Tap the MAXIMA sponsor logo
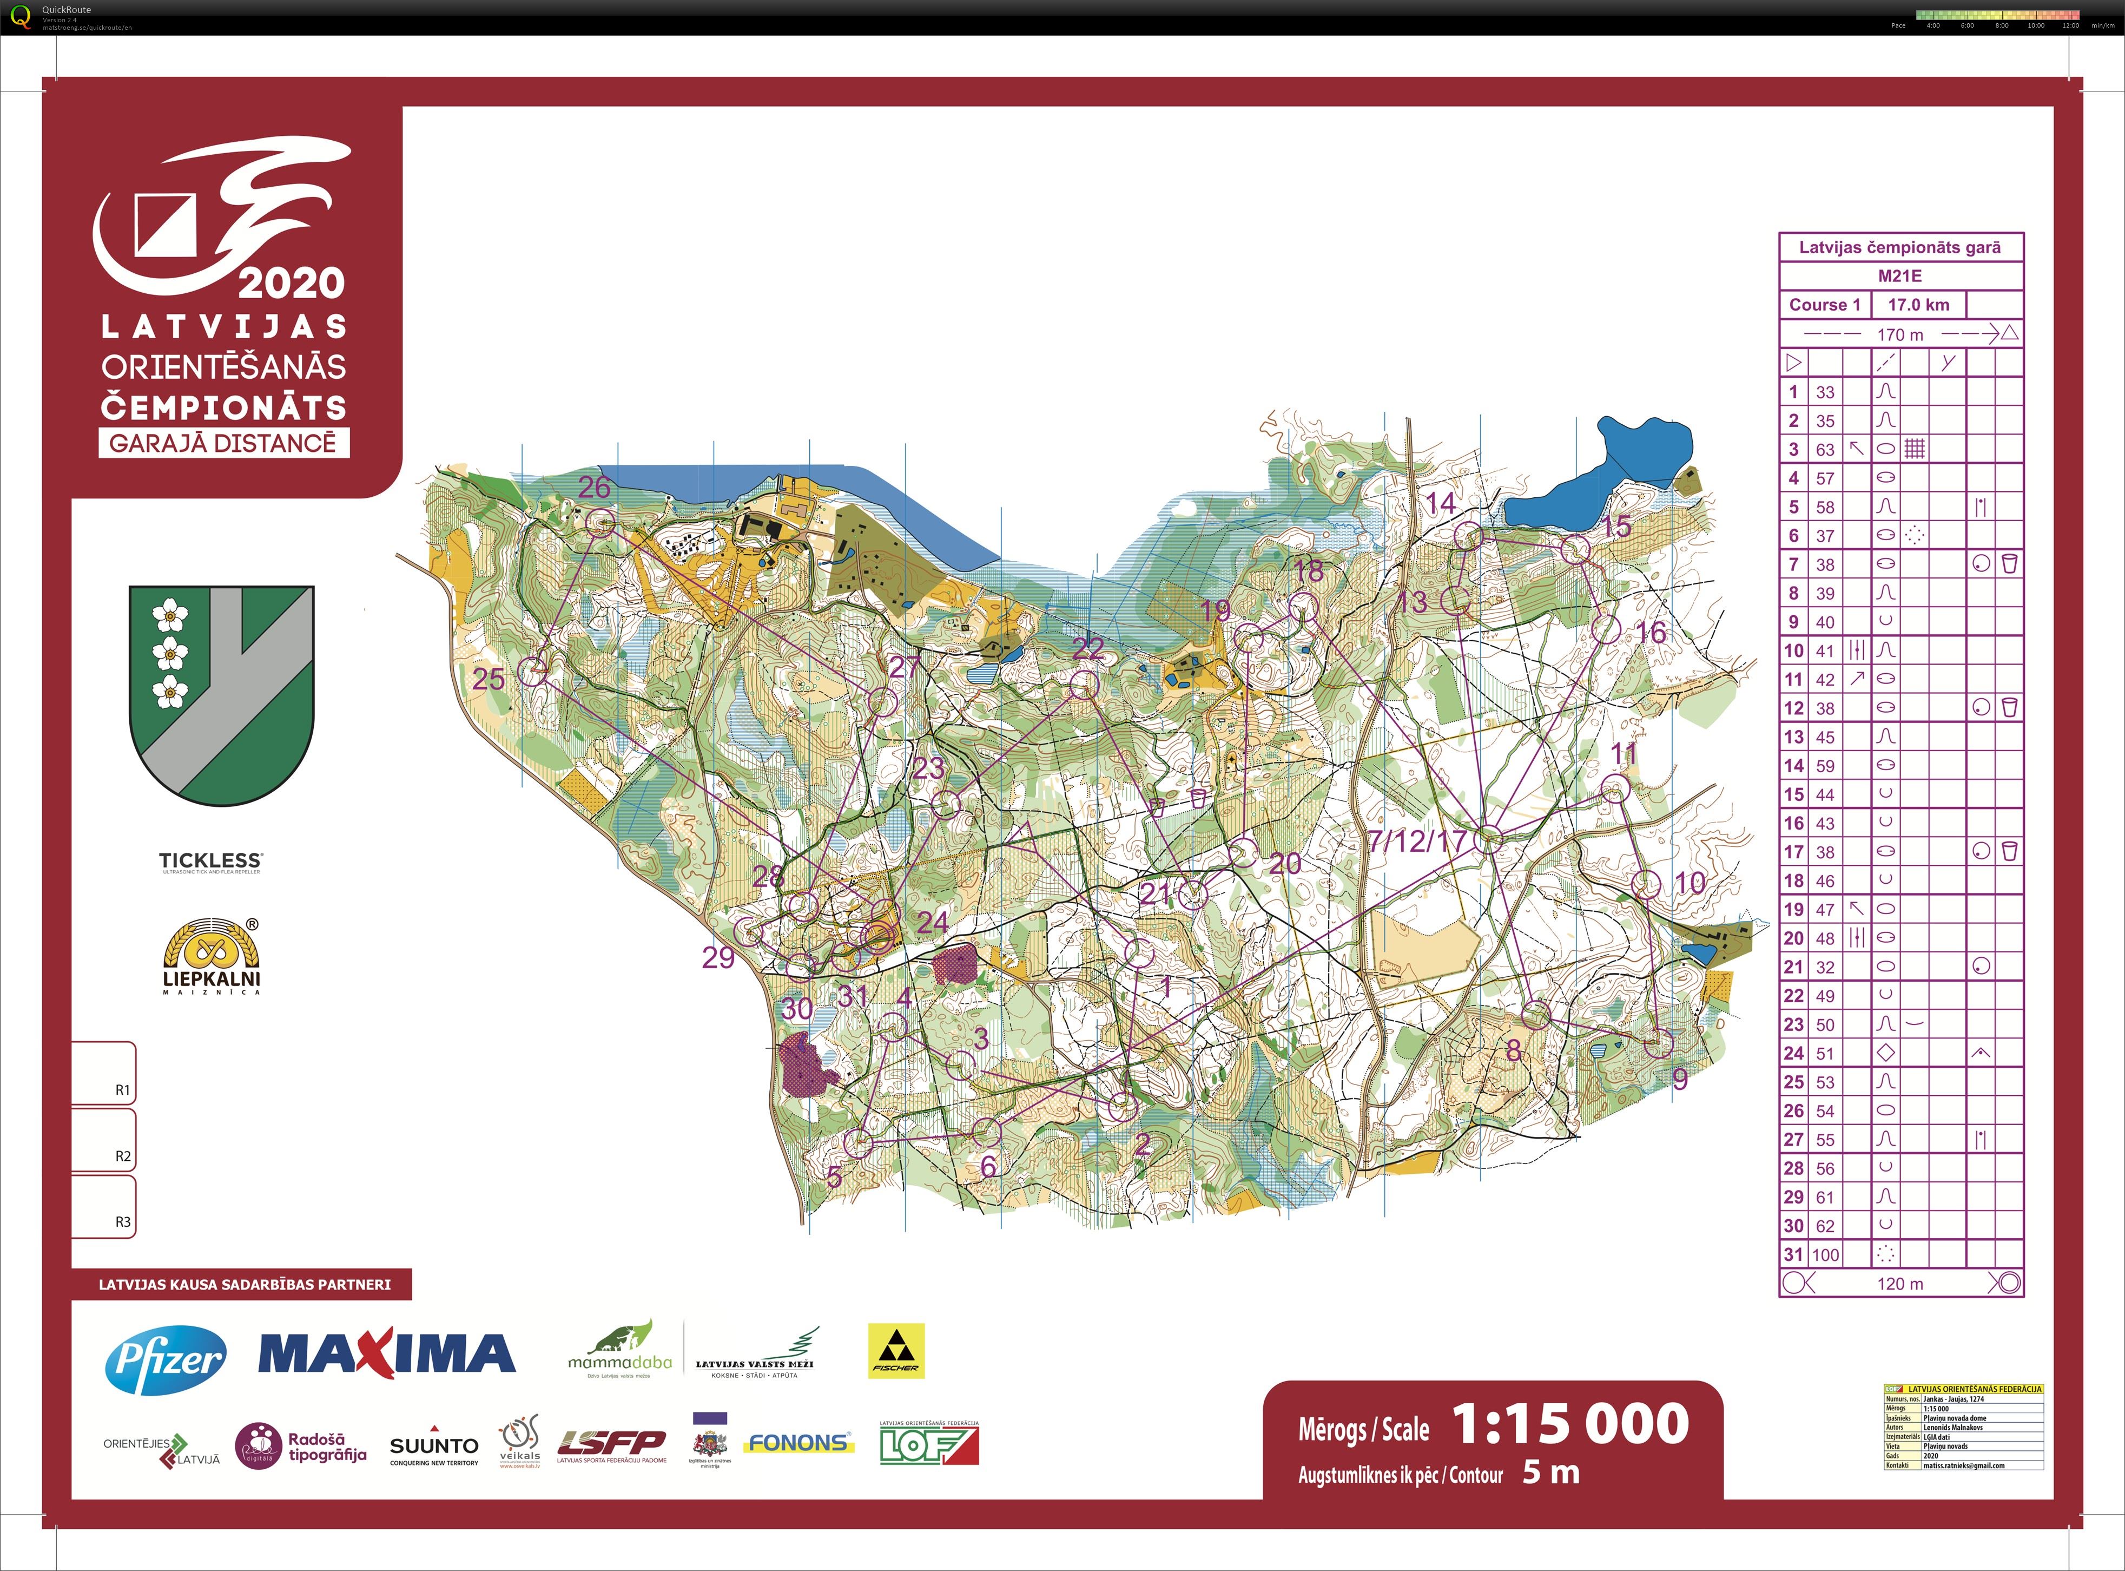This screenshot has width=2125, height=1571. click(386, 1354)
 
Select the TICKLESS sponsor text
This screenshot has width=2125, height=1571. click(210, 860)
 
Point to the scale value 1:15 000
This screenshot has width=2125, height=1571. click(1570, 1424)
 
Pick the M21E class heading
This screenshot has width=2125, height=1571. click(1899, 276)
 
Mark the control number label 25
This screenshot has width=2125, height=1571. click(489, 679)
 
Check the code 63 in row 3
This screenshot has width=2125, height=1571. click(1825, 449)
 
